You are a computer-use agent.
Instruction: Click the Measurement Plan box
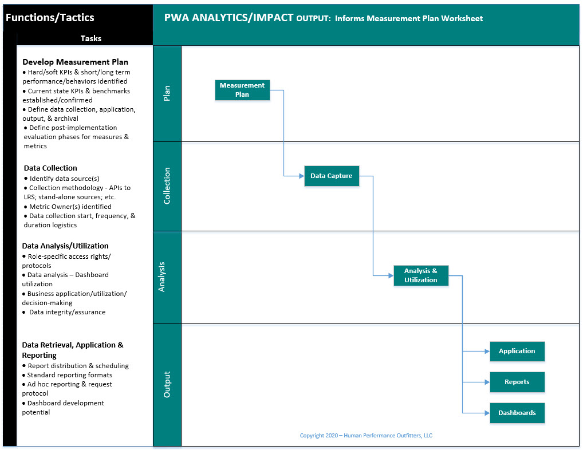(242, 90)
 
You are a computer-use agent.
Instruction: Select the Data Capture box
(332, 176)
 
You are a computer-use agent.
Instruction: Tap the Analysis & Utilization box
(421, 275)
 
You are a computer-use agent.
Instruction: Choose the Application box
(517, 351)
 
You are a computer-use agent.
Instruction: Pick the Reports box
(517, 382)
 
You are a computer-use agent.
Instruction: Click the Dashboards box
(517, 413)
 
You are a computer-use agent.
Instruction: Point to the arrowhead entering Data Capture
(302, 176)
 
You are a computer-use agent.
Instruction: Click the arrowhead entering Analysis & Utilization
(391, 276)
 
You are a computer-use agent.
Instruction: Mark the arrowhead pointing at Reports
(487, 382)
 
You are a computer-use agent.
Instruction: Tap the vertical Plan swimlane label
(167, 93)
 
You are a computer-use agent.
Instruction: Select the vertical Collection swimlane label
(167, 186)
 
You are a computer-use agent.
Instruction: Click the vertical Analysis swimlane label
(161, 277)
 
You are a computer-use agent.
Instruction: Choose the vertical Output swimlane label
(167, 385)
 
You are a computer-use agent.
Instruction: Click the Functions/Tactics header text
(50, 18)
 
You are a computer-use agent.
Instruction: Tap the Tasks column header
(90, 38)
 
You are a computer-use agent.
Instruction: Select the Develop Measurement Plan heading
(75, 62)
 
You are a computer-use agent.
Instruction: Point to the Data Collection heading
(50, 168)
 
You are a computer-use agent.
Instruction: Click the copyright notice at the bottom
(366, 436)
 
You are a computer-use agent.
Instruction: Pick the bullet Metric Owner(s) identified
(68, 207)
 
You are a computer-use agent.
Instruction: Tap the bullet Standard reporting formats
(67, 375)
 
